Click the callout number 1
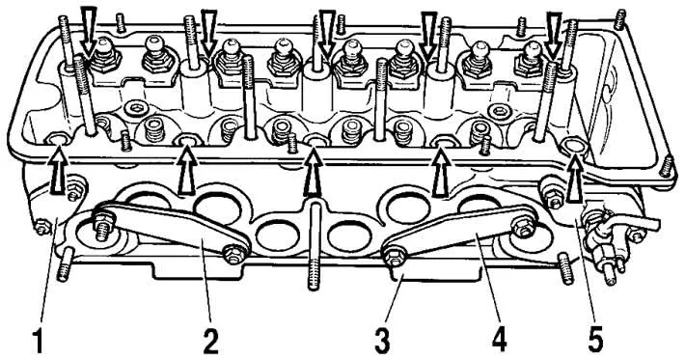tap(39, 342)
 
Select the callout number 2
tap(210, 342)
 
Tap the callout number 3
tap(382, 342)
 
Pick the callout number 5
tap(595, 341)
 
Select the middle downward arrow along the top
tap(326, 34)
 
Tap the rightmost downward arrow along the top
tap(554, 35)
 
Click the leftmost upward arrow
tap(59, 171)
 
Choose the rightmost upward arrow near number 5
tap(575, 180)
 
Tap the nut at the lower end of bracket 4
tap(393, 258)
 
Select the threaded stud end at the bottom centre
tap(315, 273)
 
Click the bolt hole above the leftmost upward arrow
tap(58, 140)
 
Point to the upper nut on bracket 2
tap(101, 217)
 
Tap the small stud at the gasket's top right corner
tap(619, 18)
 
